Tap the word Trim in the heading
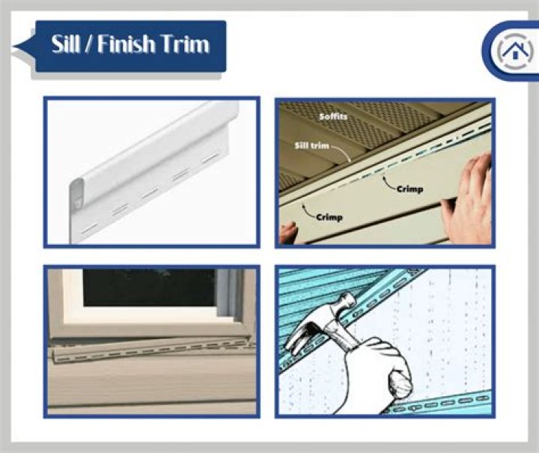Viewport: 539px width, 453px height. pos(185,44)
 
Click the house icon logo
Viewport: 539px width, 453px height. pos(514,50)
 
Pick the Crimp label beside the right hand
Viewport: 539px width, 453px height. pos(409,189)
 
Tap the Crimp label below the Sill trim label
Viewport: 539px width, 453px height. pos(329,217)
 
